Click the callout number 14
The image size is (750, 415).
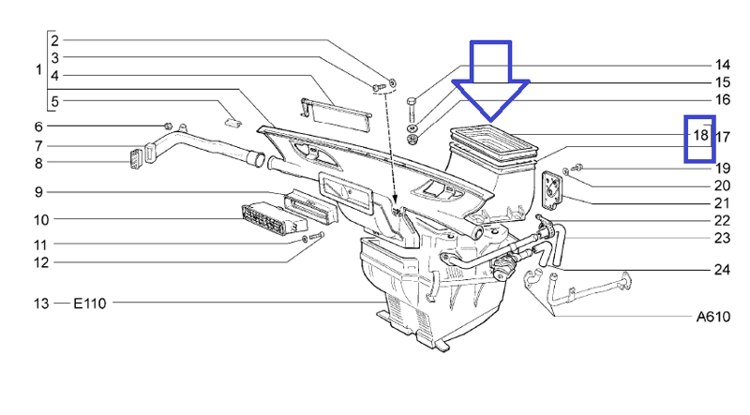click(x=722, y=65)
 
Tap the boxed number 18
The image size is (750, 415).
click(x=700, y=135)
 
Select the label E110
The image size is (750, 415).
click(x=89, y=304)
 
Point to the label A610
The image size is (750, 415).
click(x=713, y=317)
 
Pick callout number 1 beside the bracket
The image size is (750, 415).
click(x=38, y=70)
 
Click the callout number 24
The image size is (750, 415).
click(x=722, y=270)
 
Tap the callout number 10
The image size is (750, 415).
click(x=41, y=220)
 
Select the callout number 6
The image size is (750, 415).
click(x=38, y=126)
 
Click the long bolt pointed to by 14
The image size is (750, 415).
click(x=412, y=110)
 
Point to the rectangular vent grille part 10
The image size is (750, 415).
click(x=273, y=219)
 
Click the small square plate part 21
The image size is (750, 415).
click(x=552, y=190)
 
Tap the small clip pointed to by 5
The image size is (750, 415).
click(x=232, y=122)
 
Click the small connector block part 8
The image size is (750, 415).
click(x=136, y=159)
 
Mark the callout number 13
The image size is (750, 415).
click(x=41, y=304)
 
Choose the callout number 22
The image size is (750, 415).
click(x=722, y=220)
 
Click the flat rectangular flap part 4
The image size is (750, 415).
click(x=337, y=115)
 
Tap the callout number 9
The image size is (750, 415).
click(x=38, y=192)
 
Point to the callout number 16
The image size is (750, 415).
click(x=722, y=99)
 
